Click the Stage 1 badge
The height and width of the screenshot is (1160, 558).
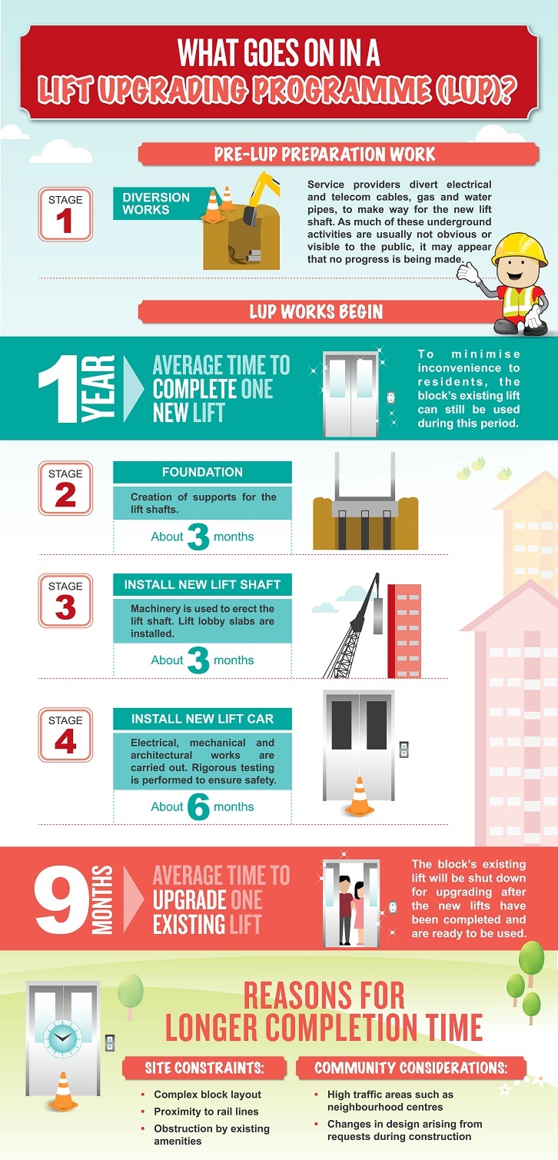coord(65,214)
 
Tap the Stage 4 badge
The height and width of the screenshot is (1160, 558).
coord(65,734)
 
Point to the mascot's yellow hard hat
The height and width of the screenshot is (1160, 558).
coord(519,248)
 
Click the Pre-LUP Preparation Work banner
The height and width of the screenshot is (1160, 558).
coord(338,155)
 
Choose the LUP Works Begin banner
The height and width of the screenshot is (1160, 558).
coord(316,312)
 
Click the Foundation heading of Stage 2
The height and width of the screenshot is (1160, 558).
coord(202,472)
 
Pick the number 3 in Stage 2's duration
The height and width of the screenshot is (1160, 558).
coord(199,537)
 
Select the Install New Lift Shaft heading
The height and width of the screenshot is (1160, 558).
coord(202,585)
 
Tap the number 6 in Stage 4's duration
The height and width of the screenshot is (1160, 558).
coord(199,807)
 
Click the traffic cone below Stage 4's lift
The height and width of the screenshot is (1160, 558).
coord(359,796)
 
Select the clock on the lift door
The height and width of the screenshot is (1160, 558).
coord(62,1039)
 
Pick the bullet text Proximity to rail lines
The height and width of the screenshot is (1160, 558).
coord(206,1112)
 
